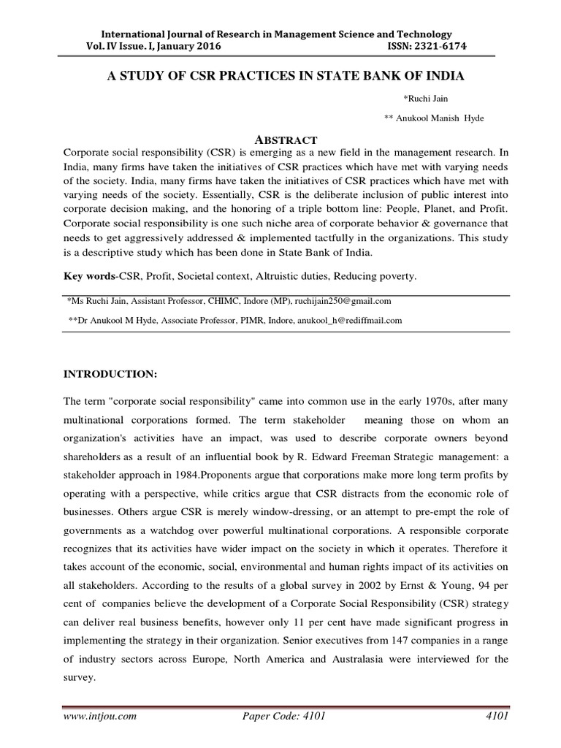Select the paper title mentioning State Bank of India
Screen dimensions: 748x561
(x=281, y=77)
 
